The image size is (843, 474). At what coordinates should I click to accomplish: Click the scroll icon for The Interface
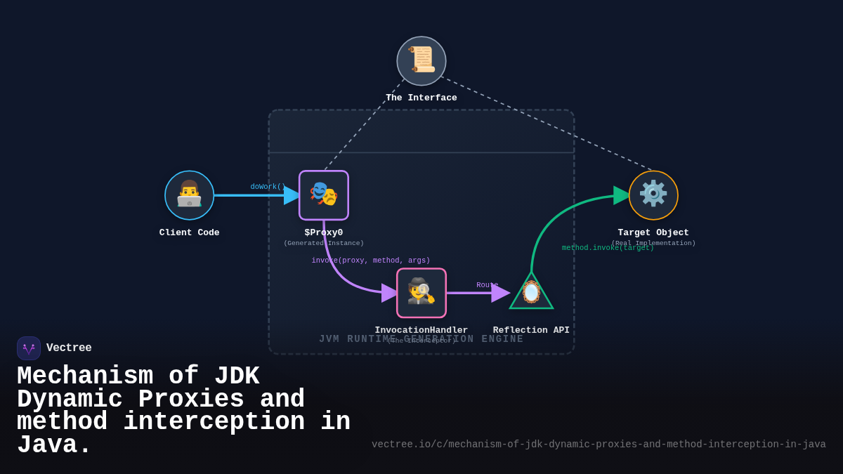tap(421, 61)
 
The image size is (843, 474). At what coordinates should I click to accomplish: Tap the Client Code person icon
tap(189, 195)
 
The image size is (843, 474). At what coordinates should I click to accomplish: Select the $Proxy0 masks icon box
tap(324, 195)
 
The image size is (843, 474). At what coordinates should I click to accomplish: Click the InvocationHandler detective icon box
tap(421, 293)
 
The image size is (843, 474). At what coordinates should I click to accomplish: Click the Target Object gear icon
tap(653, 195)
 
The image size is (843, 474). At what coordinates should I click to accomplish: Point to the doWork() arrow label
tap(268, 187)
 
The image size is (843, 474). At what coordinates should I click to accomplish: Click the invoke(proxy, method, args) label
tap(371, 261)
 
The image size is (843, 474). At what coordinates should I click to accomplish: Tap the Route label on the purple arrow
tap(487, 285)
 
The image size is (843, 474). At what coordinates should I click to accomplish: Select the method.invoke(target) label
tap(608, 248)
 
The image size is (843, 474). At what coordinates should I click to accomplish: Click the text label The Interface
tap(421, 98)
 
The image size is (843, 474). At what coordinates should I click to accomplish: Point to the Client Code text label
tap(189, 232)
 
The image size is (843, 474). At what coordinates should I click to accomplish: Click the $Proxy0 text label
tap(324, 232)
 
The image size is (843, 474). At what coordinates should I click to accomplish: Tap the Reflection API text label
tap(531, 330)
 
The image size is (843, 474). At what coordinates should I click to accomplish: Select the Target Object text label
tap(653, 232)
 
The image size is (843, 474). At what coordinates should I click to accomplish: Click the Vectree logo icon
tap(29, 348)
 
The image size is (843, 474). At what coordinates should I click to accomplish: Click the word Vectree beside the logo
tap(69, 348)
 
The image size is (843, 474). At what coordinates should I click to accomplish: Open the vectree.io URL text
tap(599, 445)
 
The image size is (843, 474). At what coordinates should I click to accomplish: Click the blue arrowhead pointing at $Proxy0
tap(292, 195)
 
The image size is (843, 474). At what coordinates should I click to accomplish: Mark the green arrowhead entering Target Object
tap(622, 195)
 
